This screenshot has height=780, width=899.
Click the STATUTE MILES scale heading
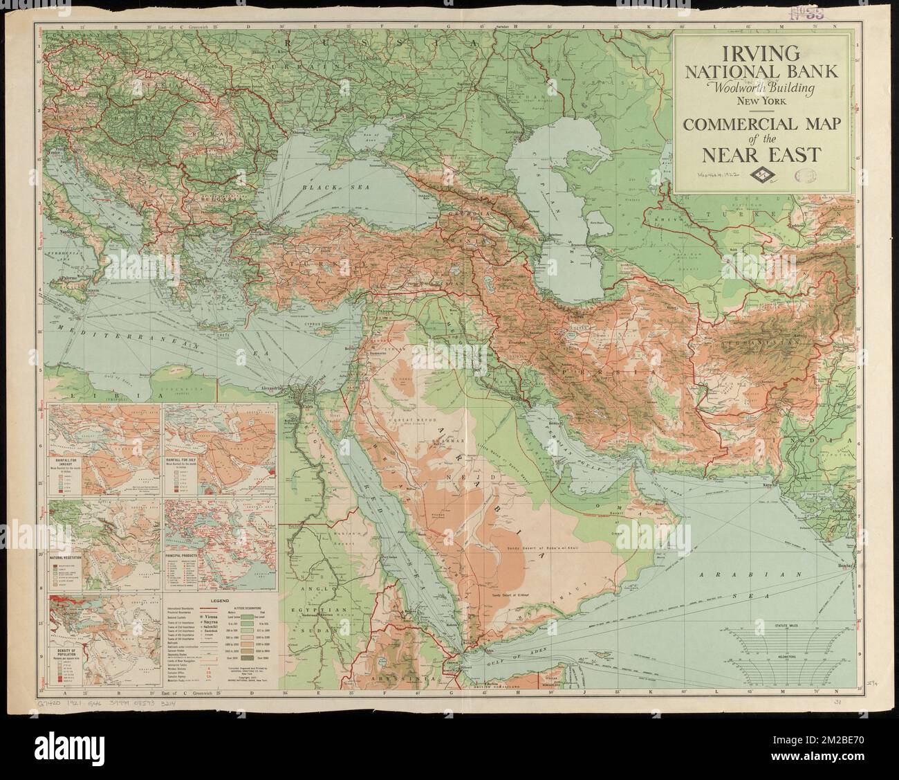[789, 625]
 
